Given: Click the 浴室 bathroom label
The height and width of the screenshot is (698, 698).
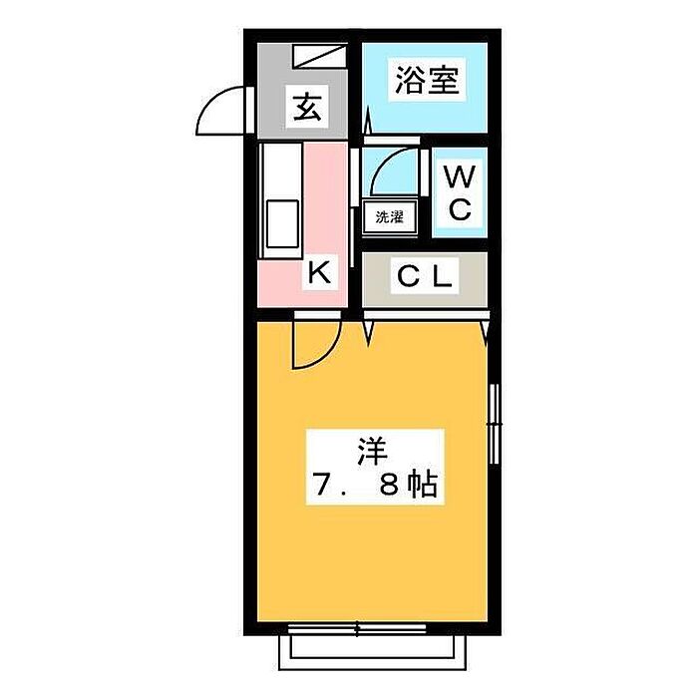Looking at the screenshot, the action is [427, 80].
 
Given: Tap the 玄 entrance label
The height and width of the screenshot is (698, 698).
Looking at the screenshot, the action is [307, 107].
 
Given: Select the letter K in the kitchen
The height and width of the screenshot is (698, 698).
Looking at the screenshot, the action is [320, 272].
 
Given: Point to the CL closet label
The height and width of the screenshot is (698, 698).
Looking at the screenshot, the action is [424, 276].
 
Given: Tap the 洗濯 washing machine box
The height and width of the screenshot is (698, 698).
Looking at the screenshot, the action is [390, 217].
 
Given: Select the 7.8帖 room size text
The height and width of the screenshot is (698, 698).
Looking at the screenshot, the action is [374, 485].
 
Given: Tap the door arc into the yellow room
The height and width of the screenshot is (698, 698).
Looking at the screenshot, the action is [328, 354].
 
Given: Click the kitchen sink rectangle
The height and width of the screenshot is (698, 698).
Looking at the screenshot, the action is [282, 224].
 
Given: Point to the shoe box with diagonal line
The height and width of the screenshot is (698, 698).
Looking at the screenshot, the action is [320, 56].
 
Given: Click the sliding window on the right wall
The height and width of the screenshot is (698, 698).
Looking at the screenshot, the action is [494, 424].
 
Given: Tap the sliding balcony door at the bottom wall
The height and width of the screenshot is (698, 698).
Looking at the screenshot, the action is [357, 629].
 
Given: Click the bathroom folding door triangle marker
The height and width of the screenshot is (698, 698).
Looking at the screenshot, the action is [368, 121].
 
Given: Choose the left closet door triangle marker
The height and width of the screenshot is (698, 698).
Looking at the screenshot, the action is [368, 332].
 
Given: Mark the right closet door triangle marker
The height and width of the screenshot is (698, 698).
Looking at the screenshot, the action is [486, 332].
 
